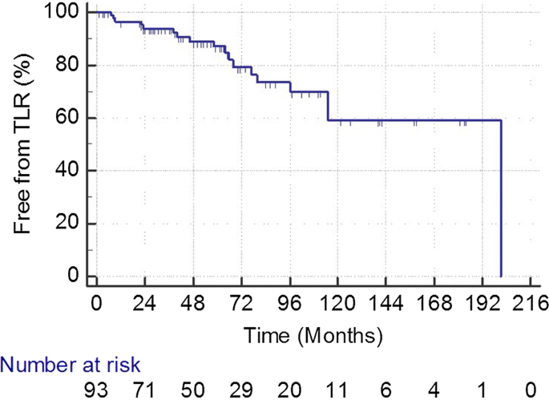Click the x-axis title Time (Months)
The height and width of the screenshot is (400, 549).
(313, 331)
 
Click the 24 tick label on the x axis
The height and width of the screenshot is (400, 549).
(144, 304)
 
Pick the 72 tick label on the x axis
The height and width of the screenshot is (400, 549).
(241, 304)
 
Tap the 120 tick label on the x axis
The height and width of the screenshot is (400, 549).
(337, 304)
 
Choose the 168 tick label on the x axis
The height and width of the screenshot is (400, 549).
(434, 304)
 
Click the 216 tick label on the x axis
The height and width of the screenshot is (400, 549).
(531, 304)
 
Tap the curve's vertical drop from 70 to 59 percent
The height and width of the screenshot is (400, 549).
(329, 107)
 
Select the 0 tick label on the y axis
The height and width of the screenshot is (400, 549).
(73, 277)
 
